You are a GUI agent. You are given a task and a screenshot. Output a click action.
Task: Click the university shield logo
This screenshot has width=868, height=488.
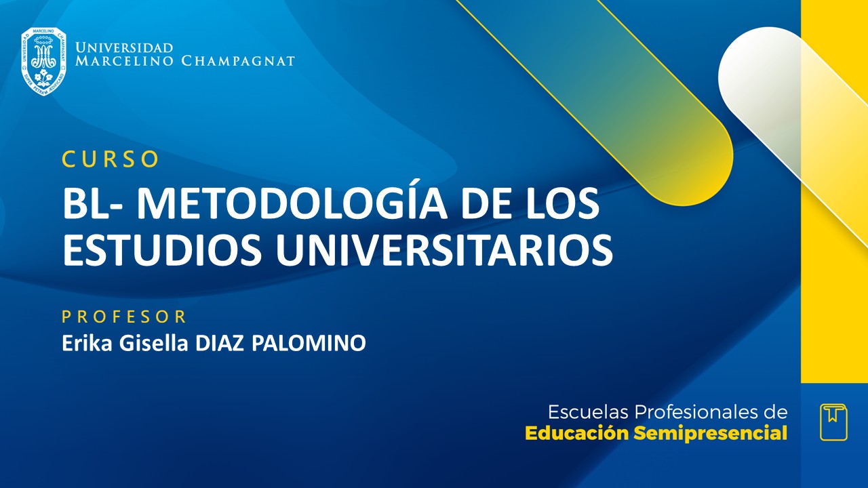[x=43, y=61]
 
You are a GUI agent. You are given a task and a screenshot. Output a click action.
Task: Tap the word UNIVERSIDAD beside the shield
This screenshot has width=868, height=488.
[x=124, y=48]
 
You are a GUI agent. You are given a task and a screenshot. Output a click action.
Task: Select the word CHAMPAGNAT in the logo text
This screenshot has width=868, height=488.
[x=238, y=61]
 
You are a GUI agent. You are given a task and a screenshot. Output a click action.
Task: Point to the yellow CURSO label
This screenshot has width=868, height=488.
[x=111, y=159]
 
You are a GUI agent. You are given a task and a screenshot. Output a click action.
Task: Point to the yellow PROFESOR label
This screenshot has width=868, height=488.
[x=124, y=317]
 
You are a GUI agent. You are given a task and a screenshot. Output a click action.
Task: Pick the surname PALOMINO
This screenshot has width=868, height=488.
[x=309, y=343]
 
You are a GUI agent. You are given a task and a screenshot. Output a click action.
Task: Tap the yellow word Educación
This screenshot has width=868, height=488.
[x=576, y=433]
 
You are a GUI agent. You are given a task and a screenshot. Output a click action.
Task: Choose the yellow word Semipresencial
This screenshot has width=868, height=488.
[x=711, y=433]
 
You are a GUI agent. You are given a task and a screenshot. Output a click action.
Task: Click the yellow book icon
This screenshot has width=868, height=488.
[x=833, y=422]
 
